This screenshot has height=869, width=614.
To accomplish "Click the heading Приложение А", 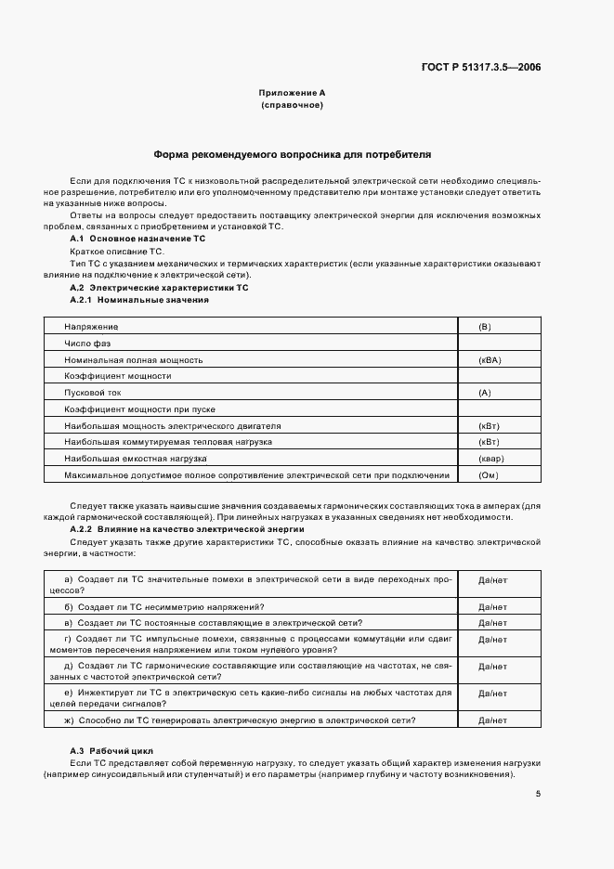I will (x=292, y=94).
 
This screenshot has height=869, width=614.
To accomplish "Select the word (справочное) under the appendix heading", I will (x=292, y=107).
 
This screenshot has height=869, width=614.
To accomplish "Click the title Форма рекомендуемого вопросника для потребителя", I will (x=292, y=155).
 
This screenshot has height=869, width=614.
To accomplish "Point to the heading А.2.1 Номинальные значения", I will (x=139, y=300).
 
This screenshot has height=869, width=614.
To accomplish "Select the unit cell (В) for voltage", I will (x=484, y=327).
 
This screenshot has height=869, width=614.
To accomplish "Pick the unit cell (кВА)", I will (x=489, y=359).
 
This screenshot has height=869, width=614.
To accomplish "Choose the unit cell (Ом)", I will (x=488, y=475).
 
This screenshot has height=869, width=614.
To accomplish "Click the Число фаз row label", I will (x=87, y=344).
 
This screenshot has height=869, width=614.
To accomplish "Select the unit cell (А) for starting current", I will (x=484, y=393).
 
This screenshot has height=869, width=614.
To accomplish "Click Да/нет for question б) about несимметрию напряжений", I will (x=491, y=606).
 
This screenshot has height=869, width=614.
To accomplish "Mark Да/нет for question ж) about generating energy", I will (x=491, y=720).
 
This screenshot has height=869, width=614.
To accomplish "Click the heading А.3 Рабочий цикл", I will (x=111, y=749).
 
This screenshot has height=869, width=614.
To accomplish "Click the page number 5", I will (x=538, y=793).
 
